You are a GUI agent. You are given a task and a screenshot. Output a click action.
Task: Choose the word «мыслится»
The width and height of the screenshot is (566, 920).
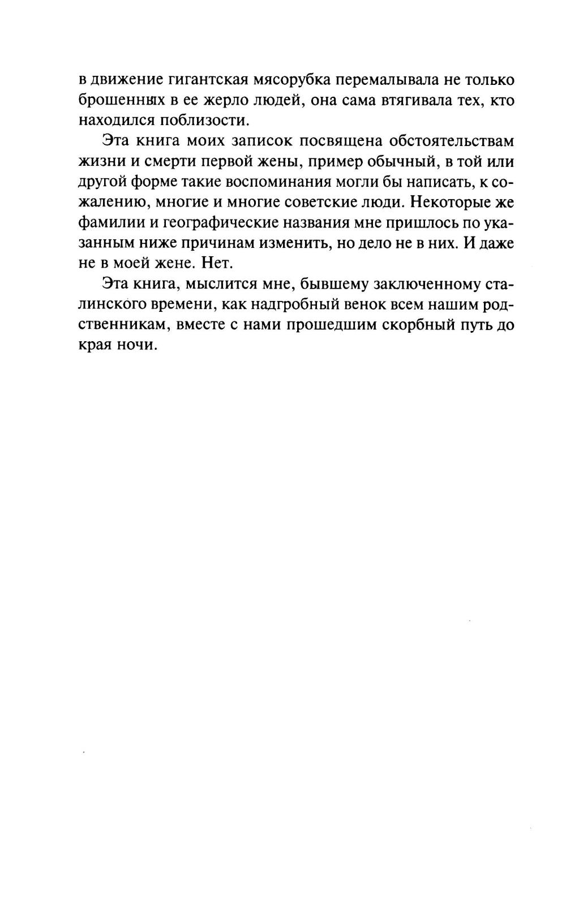pos(216,285)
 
